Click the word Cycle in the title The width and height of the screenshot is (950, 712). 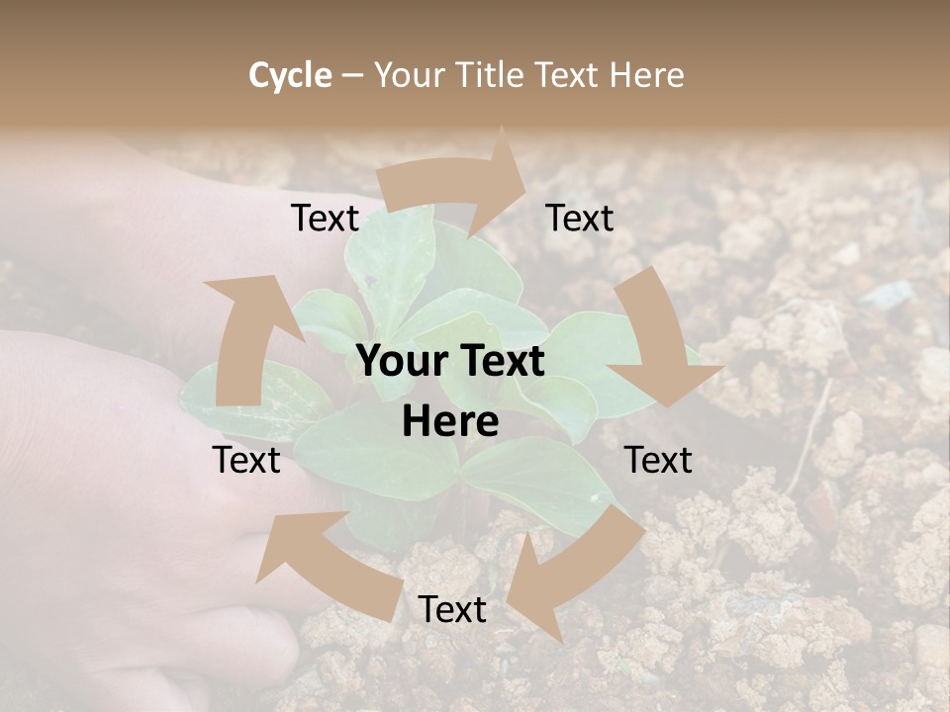click(x=290, y=75)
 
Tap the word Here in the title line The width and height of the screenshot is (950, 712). click(x=646, y=75)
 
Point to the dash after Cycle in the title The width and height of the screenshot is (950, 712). click(x=353, y=75)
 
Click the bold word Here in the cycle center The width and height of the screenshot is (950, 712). click(x=450, y=422)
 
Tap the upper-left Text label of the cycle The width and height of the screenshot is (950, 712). click(x=326, y=219)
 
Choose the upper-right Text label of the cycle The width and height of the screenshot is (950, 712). click(x=580, y=219)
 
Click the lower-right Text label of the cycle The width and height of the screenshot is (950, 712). click(x=658, y=460)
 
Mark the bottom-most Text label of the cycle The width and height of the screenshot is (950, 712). click(x=452, y=610)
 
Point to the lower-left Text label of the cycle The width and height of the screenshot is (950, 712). click(x=246, y=460)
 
